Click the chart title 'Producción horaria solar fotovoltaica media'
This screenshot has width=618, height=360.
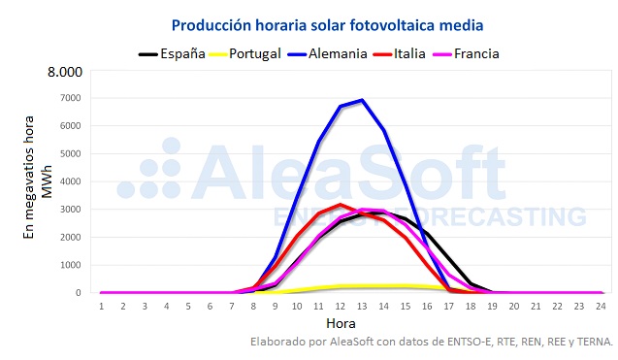pyautogui.click(x=327, y=23)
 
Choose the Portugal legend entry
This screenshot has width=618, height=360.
pyautogui.click(x=255, y=53)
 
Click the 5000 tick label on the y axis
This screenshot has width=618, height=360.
pyautogui.click(x=71, y=154)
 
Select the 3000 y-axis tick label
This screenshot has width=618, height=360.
pyautogui.click(x=71, y=210)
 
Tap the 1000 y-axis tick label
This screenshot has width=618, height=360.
pyautogui.click(x=71, y=265)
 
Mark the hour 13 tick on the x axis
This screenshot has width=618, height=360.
pyautogui.click(x=362, y=306)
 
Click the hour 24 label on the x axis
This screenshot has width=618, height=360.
pyautogui.click(x=601, y=306)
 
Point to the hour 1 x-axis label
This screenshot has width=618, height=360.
pyautogui.click(x=101, y=306)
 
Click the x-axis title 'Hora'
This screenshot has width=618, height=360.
pyautogui.click(x=341, y=322)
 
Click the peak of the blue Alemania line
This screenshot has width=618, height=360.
pyautogui.click(x=362, y=100)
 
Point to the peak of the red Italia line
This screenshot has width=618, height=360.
pyautogui.click(x=341, y=205)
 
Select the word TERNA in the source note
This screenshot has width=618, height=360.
pyautogui.click(x=592, y=342)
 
